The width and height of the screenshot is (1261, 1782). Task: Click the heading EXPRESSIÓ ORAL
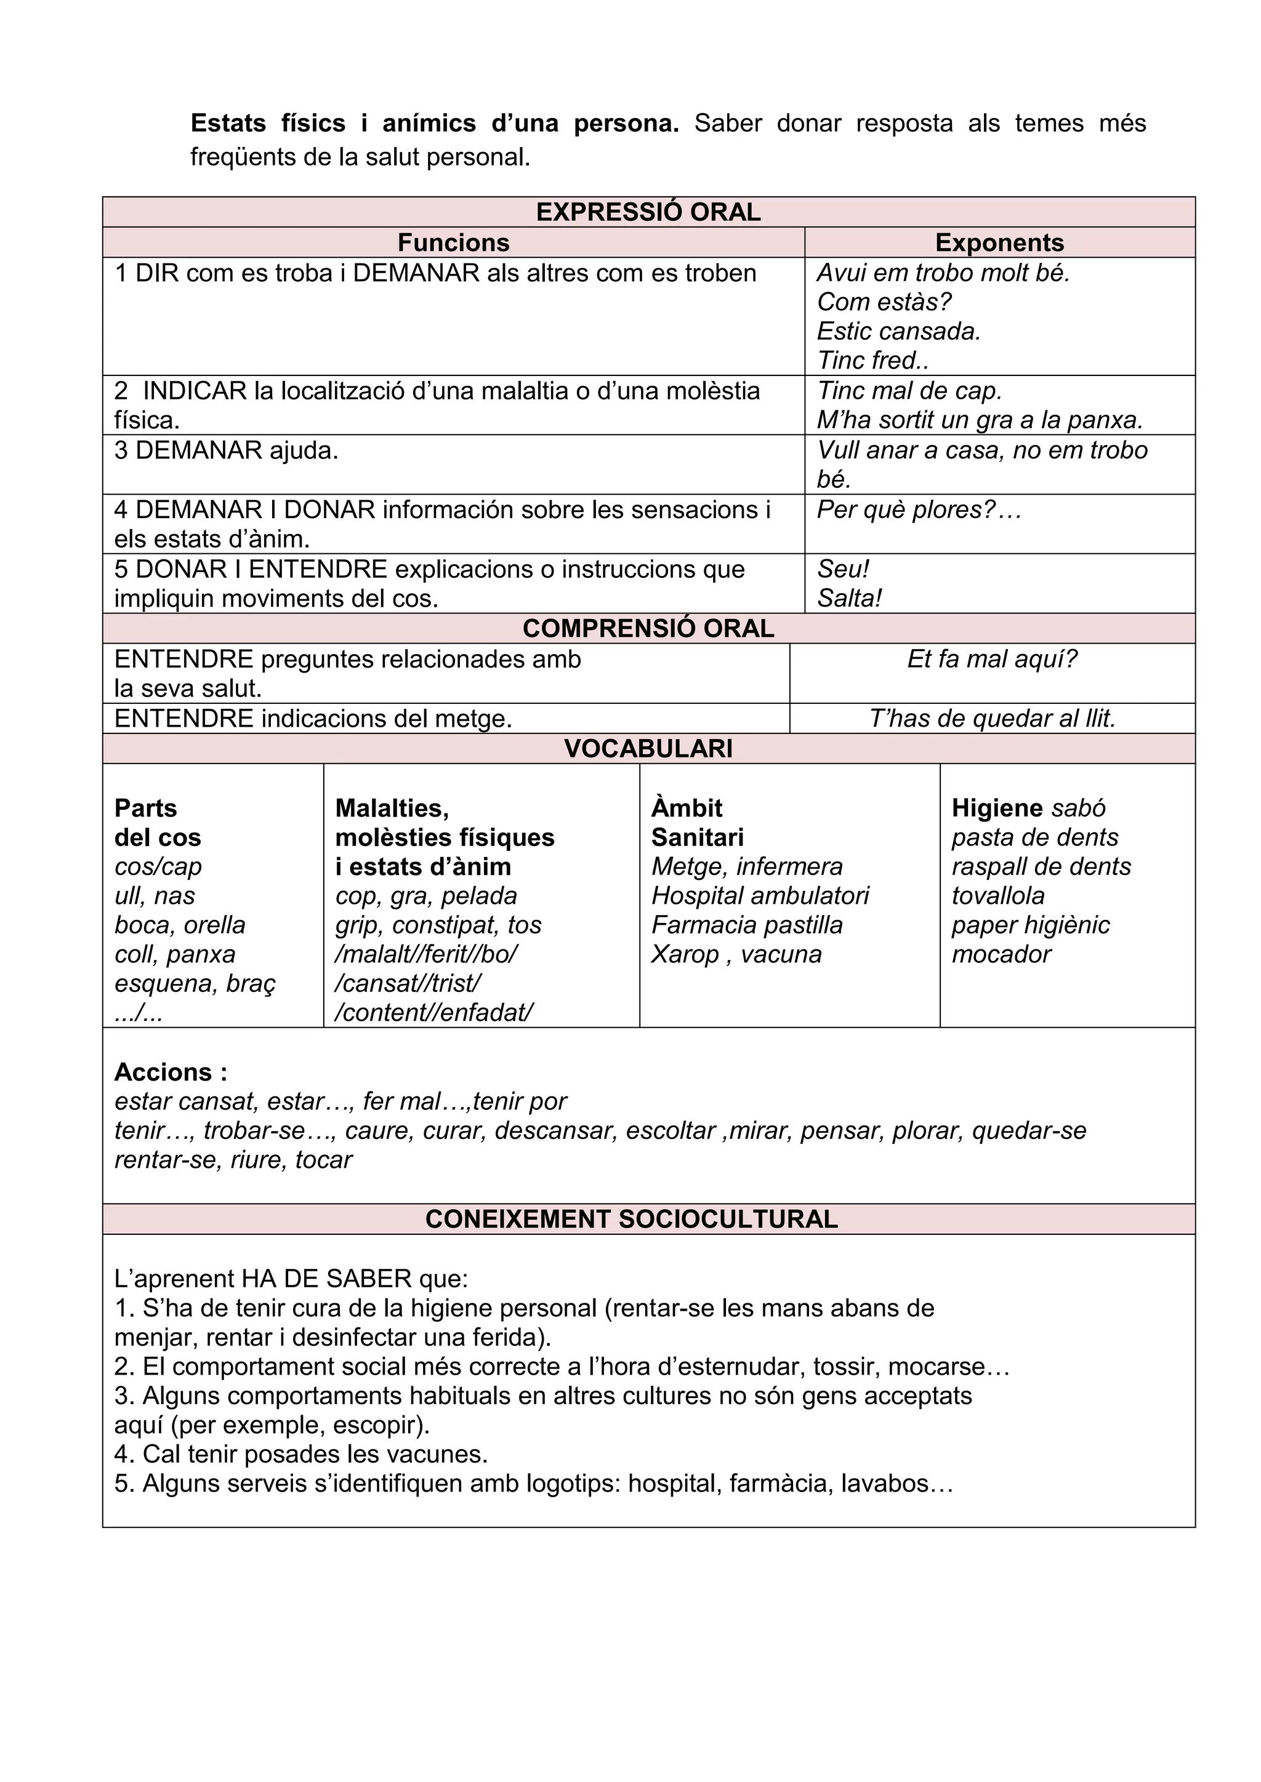tap(648, 212)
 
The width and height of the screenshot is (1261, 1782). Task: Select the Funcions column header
tap(453, 242)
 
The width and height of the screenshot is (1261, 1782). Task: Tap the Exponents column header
tap(999, 242)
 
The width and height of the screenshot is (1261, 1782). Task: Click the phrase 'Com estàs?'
tap(884, 302)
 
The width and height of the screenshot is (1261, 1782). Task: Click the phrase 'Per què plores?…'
tap(919, 510)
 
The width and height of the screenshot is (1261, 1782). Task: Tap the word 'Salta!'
tap(850, 598)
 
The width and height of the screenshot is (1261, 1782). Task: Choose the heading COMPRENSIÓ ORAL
tap(648, 629)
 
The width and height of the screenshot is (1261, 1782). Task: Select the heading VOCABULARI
tap(648, 749)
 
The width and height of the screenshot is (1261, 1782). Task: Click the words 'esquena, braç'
tap(195, 983)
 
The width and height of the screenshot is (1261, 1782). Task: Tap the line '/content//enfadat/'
tap(434, 1013)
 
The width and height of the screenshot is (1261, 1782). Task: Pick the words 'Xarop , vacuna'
tap(736, 954)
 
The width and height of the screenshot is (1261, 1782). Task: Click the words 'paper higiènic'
tap(1030, 925)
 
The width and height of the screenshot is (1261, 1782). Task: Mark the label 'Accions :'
tap(171, 1072)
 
